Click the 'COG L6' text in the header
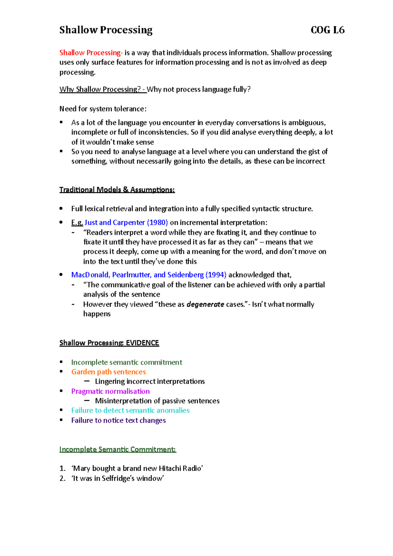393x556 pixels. coord(327,30)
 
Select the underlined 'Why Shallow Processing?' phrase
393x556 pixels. coord(100,89)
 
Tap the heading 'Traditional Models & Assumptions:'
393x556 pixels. coord(117,190)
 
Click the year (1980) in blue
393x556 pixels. coord(158,223)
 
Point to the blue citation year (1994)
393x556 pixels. coord(216,275)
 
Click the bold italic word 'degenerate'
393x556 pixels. coord(205,304)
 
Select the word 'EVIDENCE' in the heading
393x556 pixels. coord(142,343)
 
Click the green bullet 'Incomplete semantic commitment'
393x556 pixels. coord(127,362)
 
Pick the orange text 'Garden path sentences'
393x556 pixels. coord(108,372)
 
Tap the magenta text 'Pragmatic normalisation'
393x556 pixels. coord(110,391)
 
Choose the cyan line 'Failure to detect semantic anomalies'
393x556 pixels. coord(130,410)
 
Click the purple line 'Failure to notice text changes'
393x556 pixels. coord(119,420)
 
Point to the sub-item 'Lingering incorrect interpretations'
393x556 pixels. coord(150,381)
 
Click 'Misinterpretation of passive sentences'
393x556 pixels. coord(157,401)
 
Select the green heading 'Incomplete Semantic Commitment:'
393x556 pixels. coord(118,449)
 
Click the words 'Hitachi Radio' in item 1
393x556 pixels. coord(180,469)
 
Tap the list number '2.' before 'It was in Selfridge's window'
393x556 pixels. coord(63,478)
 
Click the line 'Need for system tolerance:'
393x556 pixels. coord(103,109)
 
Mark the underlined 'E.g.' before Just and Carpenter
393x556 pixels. coord(77,223)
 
